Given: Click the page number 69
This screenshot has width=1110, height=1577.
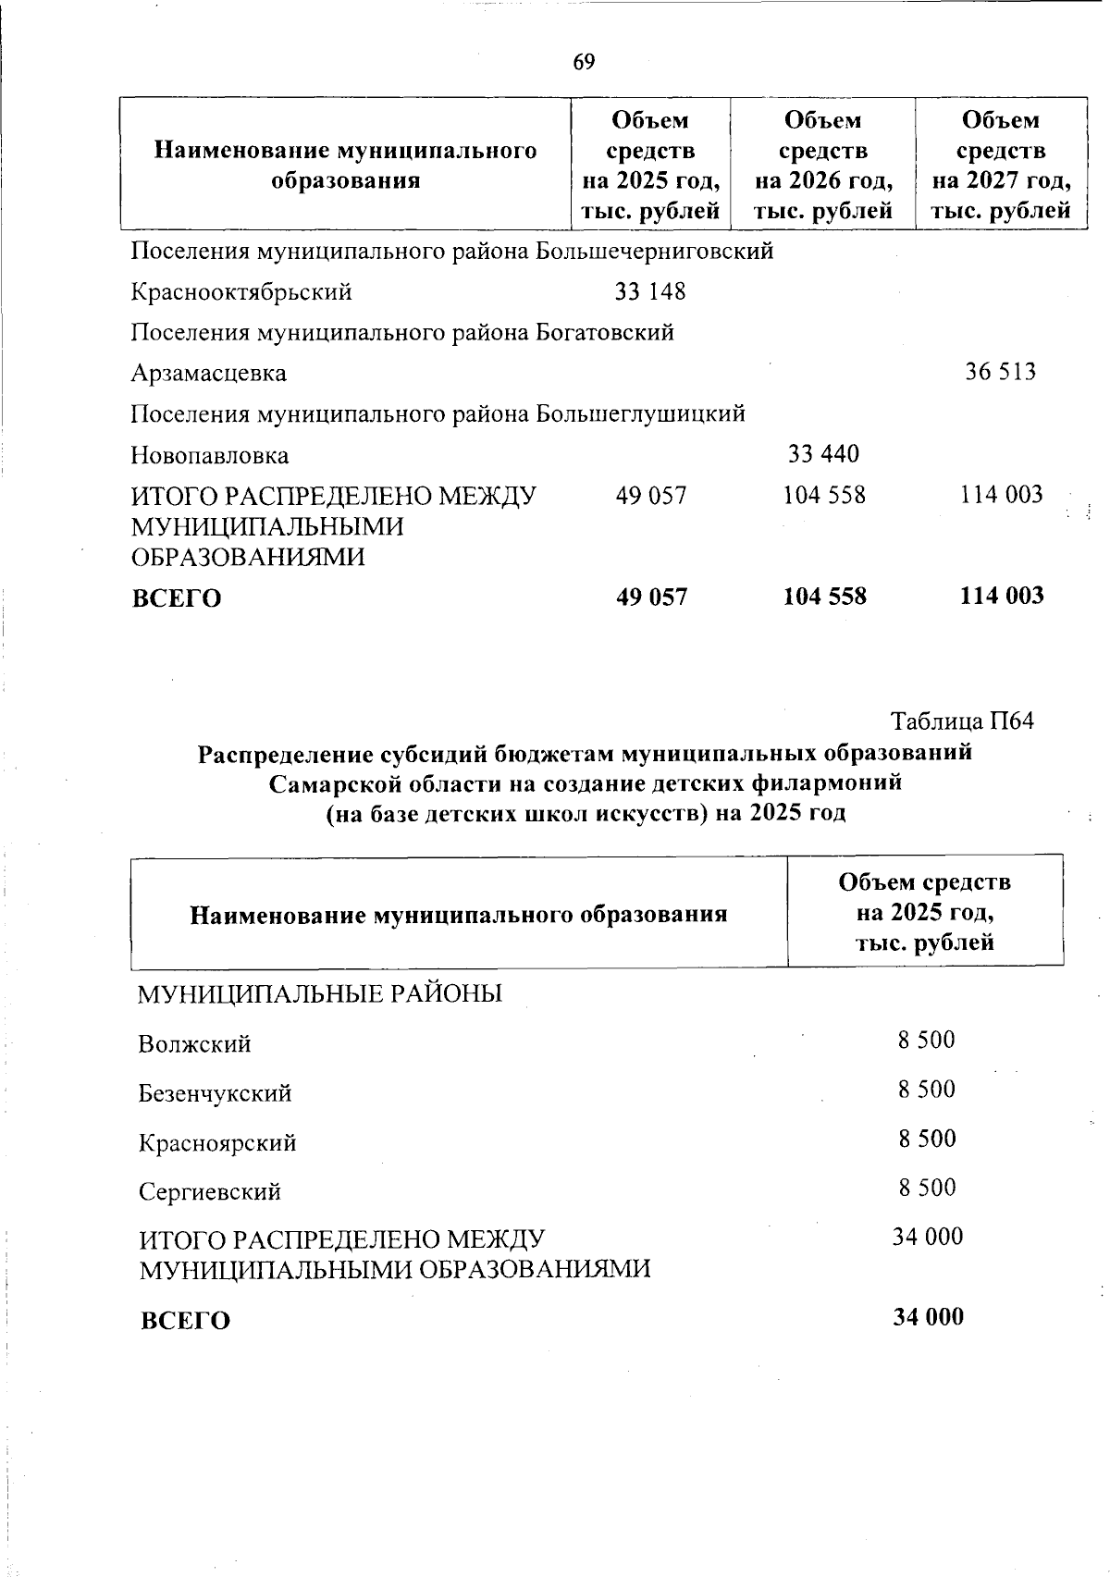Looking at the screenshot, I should coord(584,62).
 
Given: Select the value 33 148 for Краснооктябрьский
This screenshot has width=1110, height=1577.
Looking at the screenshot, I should coord(650,292).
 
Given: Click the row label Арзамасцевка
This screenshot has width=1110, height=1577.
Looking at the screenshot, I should coord(208,374).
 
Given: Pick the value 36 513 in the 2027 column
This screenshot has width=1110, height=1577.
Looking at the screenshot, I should coord(1001,373).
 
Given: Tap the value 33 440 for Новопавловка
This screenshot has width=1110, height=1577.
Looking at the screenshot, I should coord(823,454).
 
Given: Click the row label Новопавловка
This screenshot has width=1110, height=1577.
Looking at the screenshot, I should coord(209,455).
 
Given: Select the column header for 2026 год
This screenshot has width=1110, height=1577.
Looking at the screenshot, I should coord(822,165).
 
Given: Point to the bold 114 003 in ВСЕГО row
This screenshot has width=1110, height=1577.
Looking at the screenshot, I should coord(1002,596).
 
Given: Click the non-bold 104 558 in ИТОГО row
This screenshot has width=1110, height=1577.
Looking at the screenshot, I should coord(824,495).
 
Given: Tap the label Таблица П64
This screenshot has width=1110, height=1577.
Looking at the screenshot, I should coord(961,721).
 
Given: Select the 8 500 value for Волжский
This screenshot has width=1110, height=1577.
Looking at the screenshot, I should coord(926,1040).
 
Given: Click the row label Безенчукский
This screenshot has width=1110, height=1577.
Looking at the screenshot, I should coord(215,1093).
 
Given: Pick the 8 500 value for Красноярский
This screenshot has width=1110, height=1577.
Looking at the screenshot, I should coord(926,1138).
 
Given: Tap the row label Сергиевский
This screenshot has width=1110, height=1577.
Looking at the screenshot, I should coord(209,1191).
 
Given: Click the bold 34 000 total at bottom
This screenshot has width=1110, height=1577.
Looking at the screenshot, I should coord(927,1316).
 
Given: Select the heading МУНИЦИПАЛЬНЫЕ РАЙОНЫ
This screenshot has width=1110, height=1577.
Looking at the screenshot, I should coord(320,994).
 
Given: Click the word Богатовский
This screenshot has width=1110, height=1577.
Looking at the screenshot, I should coord(605,332).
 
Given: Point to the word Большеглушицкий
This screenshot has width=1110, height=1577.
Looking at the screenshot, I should coord(641,413).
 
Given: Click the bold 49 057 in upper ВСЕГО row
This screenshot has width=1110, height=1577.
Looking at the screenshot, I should coord(651,597).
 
